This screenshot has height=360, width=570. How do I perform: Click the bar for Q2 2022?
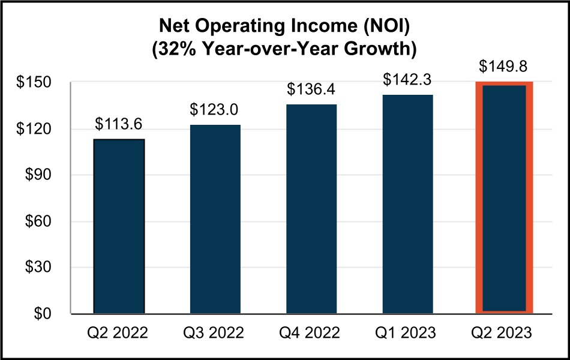pos(119,226)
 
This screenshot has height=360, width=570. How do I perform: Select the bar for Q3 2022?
pos(215,219)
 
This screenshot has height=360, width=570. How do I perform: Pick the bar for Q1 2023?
pos(407,204)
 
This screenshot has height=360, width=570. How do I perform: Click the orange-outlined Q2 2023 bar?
pos(504,198)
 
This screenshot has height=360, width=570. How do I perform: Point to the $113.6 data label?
pos(119,124)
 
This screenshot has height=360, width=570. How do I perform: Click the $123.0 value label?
pos(215,110)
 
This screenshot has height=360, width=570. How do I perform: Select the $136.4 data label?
pos(311,89)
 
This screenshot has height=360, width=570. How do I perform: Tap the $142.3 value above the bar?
pos(407,80)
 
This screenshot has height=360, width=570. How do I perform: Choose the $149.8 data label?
pos(504,66)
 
